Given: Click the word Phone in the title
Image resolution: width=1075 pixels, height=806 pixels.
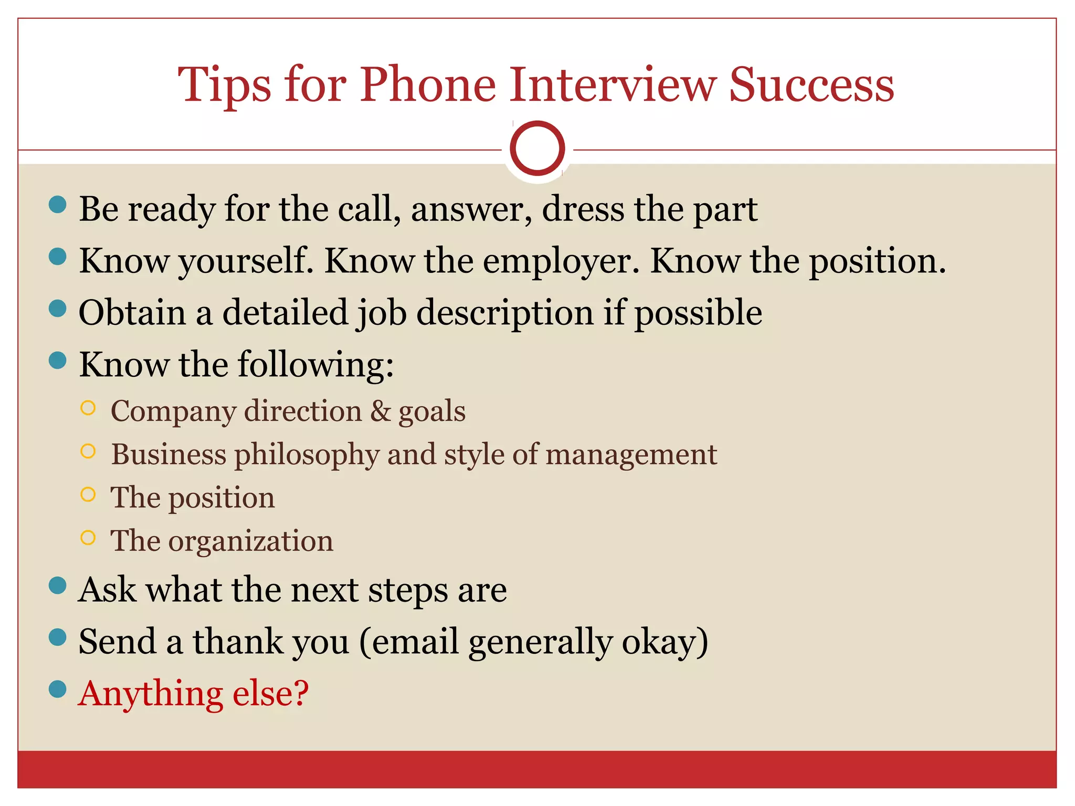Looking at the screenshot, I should coord(428,85).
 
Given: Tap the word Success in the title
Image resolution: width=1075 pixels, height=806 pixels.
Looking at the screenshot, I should coord(811,85).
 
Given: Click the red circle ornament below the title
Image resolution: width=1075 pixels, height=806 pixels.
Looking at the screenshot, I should coord(537,149).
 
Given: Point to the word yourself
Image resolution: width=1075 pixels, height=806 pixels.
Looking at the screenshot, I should coord(246,261).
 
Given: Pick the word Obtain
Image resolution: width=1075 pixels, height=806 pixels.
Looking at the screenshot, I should coord(132,313).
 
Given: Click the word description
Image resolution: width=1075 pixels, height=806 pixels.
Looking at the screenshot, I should coord(505,313).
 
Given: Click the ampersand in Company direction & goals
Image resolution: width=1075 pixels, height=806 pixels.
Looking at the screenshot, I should coord(381,411).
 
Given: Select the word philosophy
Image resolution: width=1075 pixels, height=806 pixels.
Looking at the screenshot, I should coord(307,454).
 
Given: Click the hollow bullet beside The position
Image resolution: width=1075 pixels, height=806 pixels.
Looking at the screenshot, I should coord(88,494).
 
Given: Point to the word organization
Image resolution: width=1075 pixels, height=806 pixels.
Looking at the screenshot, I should coord(250,541).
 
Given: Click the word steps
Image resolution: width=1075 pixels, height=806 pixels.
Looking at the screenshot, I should coord(408,590).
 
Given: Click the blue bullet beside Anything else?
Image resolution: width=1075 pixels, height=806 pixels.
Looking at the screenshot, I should coord(57,689).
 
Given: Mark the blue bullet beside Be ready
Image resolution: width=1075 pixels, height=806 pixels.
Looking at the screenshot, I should coord(57,204).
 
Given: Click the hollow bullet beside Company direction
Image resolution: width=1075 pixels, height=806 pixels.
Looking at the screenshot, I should coord(88,408).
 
